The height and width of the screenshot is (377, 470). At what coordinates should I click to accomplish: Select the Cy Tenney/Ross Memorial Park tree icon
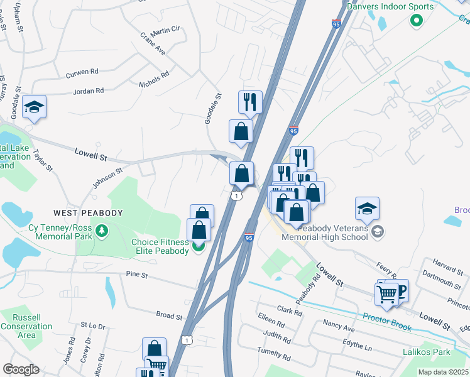coord(101,234)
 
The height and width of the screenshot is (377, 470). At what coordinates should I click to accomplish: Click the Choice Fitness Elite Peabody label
coord(160,246)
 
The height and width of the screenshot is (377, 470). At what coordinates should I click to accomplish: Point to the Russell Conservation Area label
coord(26,326)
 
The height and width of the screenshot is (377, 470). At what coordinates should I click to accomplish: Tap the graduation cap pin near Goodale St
coord(35,108)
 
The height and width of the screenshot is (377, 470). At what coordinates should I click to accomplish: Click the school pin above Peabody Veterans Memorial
coord(368,210)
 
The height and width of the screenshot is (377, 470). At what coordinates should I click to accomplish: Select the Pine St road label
coord(136,275)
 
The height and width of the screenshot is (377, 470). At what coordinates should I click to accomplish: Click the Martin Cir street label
coord(165,29)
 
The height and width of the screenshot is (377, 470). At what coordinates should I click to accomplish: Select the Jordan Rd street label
coord(88,91)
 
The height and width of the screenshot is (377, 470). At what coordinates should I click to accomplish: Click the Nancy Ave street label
coord(339,329)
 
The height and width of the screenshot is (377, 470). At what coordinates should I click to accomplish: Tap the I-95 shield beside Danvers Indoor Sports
coord(336,23)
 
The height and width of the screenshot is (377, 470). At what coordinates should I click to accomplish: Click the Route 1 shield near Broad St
coord(187,340)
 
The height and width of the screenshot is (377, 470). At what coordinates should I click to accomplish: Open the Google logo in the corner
coord(21,369)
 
